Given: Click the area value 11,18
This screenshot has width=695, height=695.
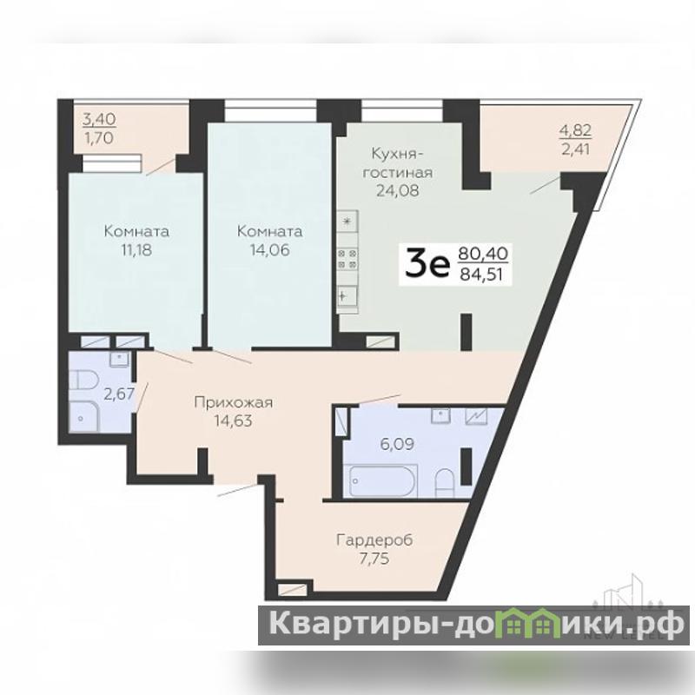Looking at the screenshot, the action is (x=136, y=250).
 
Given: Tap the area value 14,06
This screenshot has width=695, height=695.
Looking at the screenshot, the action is (x=269, y=250).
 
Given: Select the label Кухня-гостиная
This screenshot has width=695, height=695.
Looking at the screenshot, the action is (x=398, y=162).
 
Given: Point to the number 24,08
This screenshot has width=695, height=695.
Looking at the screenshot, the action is (x=398, y=190).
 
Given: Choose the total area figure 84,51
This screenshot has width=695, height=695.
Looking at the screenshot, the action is (x=481, y=275).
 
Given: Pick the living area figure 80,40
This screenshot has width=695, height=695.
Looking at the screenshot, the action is (x=483, y=254).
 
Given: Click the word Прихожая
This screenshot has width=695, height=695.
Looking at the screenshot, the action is (x=234, y=402).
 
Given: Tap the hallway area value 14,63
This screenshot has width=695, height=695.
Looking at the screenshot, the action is (x=234, y=420).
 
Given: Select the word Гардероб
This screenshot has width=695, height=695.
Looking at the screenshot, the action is (x=375, y=540).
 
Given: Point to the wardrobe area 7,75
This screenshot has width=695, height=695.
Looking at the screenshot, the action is (x=375, y=559).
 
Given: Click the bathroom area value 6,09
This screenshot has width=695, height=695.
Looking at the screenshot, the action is (x=397, y=444).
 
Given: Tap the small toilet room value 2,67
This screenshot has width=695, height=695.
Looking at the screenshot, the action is (x=118, y=394).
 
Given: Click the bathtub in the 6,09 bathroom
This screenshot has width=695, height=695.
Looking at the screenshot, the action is (x=383, y=481).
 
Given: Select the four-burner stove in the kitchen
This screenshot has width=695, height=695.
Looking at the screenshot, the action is (x=347, y=259).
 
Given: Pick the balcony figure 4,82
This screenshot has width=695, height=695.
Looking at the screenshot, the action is (x=576, y=130).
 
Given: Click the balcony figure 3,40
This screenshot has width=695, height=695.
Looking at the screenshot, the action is (x=100, y=119).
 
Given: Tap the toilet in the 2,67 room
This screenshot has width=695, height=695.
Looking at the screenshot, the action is (x=83, y=382).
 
